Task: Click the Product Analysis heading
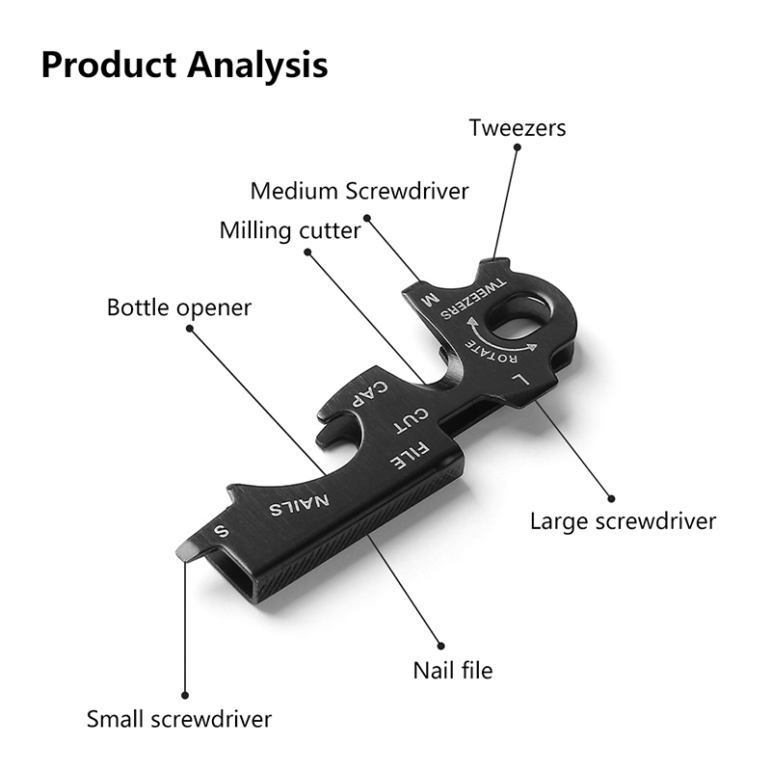click(184, 65)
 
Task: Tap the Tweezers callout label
click(518, 127)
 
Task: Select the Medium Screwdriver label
click(359, 191)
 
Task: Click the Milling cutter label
click(290, 231)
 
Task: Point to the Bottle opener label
click(179, 308)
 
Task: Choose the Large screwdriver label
click(624, 521)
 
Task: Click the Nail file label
click(453, 669)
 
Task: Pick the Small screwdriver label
click(179, 719)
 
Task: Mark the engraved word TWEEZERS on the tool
click(474, 300)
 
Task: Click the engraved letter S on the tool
click(222, 530)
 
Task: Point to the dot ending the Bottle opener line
click(189, 329)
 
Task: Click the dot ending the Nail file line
click(442, 646)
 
